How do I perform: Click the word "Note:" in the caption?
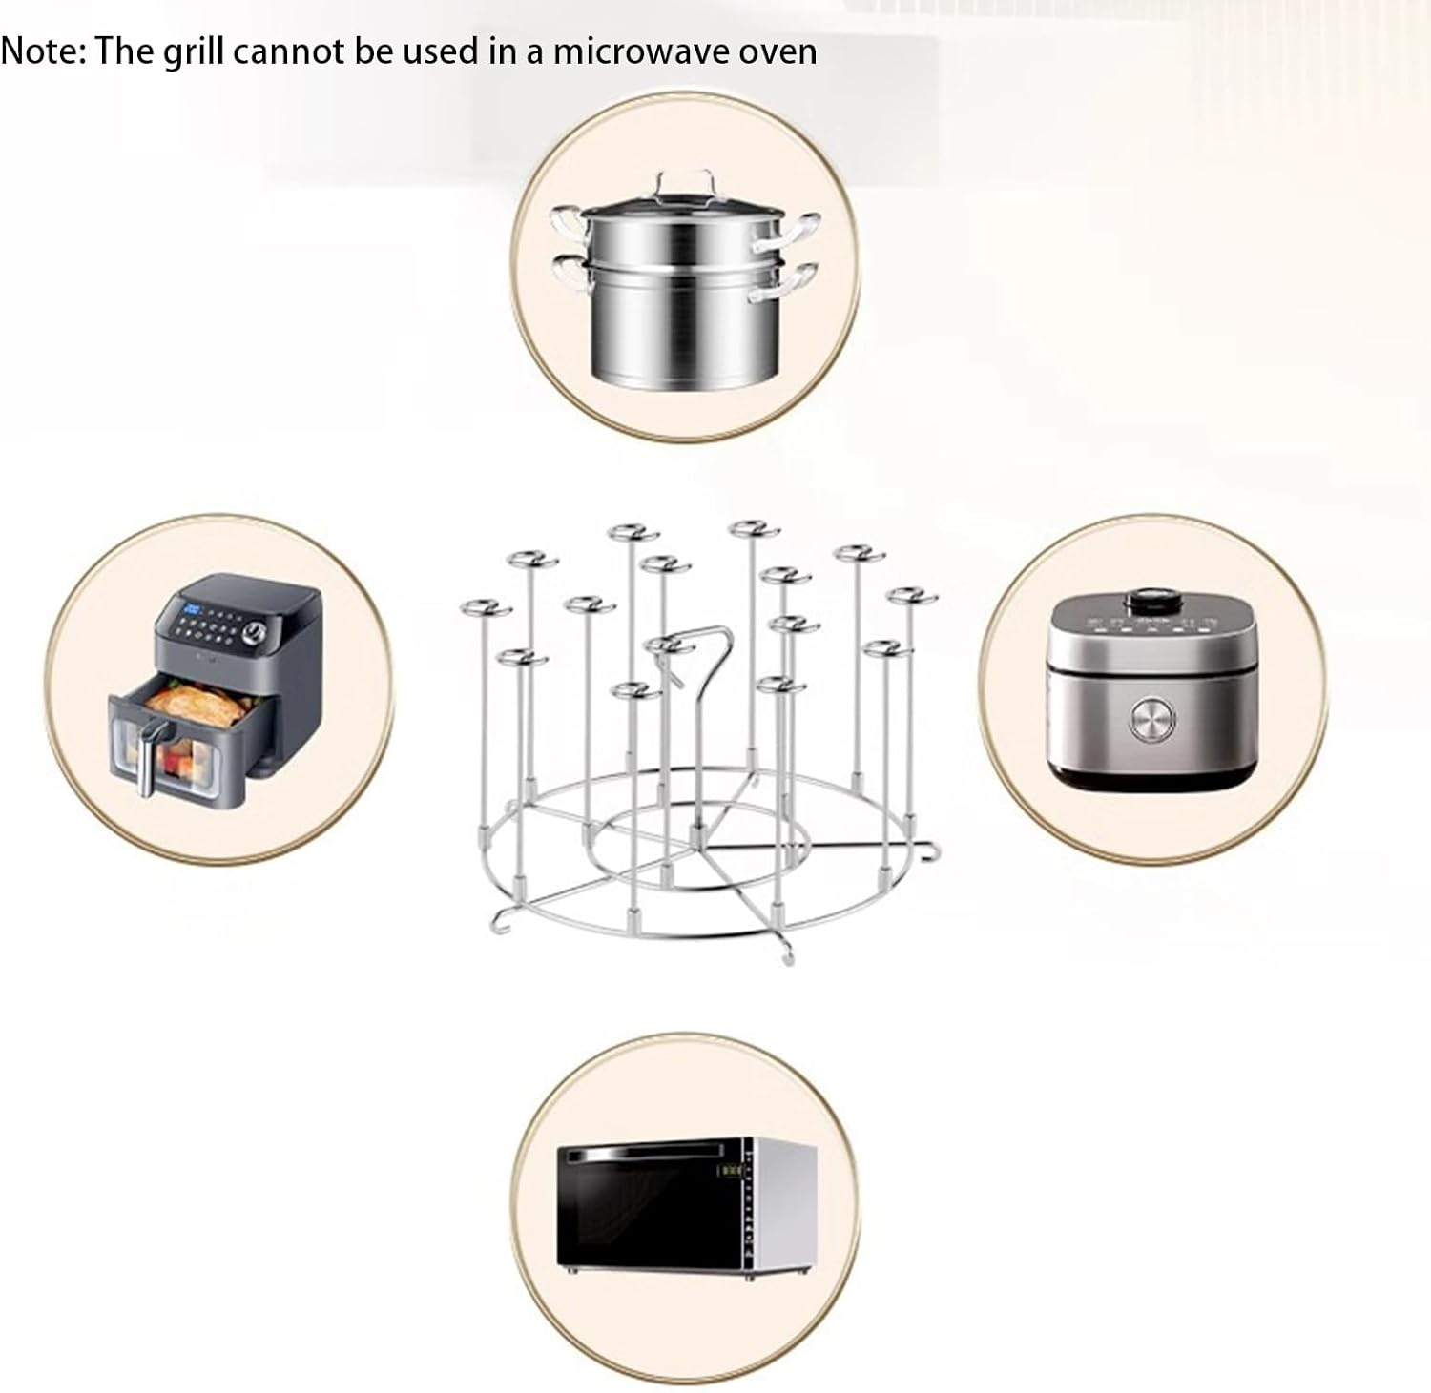(42, 51)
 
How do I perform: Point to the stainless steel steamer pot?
(683, 296)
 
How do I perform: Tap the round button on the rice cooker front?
(1151, 722)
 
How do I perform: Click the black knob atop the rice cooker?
(1153, 603)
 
